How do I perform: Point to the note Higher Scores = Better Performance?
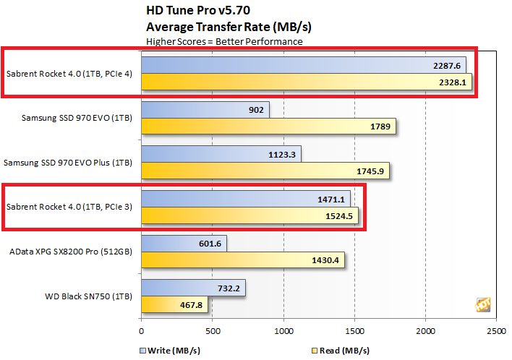[224, 41]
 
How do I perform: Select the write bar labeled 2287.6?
[304, 65]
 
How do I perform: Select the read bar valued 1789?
[268, 127]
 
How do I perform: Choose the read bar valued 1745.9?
[265, 171]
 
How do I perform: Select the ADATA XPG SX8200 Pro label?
[72, 252]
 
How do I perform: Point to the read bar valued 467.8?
[174, 304]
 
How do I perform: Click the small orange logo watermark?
[482, 304]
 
